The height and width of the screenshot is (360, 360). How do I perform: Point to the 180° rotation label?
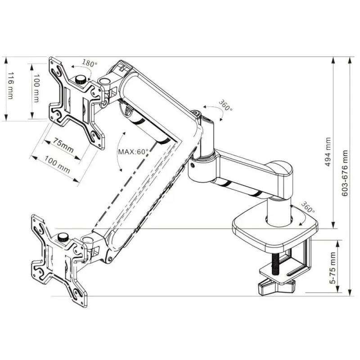click(x=90, y=63)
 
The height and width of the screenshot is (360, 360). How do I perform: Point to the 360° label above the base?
click(x=307, y=207)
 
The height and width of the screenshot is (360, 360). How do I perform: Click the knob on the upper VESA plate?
click(x=81, y=80)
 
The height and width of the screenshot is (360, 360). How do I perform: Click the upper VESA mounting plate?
click(x=76, y=103)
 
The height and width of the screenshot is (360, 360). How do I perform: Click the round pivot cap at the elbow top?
click(x=196, y=113)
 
